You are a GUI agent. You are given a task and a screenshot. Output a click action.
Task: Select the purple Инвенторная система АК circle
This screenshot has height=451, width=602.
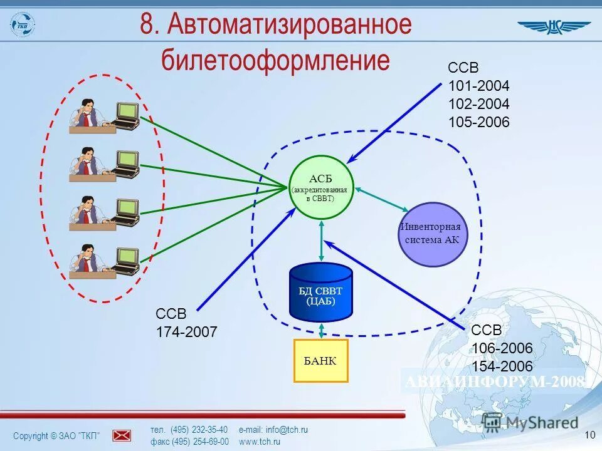[x=433, y=234]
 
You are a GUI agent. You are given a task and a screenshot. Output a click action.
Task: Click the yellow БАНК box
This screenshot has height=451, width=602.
[x=321, y=360]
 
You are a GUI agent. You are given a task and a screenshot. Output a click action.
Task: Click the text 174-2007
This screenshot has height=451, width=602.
[x=186, y=332]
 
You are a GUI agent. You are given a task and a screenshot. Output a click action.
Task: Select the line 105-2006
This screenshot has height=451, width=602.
[x=479, y=122]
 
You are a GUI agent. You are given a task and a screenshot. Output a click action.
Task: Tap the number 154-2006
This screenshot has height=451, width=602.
[x=502, y=366]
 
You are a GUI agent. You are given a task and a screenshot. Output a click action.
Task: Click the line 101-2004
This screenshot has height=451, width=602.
[x=479, y=86]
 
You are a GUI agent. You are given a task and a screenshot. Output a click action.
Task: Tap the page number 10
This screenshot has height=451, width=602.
[x=589, y=435]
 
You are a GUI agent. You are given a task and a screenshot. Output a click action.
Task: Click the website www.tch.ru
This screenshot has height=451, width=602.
[x=260, y=442]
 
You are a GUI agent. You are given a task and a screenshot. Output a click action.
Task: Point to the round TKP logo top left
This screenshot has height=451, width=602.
[x=23, y=24]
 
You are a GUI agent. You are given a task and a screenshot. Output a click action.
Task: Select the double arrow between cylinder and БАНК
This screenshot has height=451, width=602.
[x=322, y=330]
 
